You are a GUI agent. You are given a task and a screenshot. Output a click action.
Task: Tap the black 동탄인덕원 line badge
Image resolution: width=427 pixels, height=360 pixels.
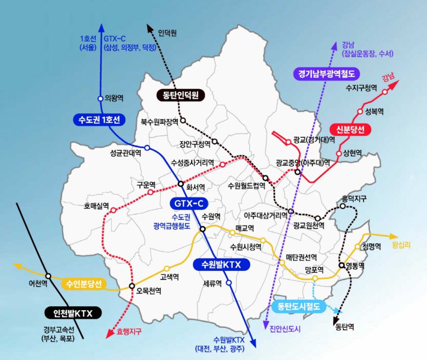point(180,95)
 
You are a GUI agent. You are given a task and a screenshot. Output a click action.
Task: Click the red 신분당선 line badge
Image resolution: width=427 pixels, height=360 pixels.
point(350,129)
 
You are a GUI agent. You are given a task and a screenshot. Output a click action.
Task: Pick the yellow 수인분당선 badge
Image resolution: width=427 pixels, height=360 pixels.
point(84,284)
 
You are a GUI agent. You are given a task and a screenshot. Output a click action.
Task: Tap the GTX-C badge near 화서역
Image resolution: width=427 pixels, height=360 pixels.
point(189,204)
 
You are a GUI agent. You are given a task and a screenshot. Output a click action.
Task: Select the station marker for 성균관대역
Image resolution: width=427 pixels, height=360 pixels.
point(147,148)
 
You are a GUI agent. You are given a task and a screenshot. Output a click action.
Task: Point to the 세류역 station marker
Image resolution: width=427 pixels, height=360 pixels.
point(229,283)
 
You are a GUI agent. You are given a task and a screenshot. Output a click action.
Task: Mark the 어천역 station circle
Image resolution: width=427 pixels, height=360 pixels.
point(49,276)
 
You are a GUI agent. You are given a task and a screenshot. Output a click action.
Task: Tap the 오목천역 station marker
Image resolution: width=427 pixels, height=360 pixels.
point(132,286)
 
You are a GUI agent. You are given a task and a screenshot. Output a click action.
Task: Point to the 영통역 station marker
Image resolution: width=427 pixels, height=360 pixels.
point(341,265)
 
